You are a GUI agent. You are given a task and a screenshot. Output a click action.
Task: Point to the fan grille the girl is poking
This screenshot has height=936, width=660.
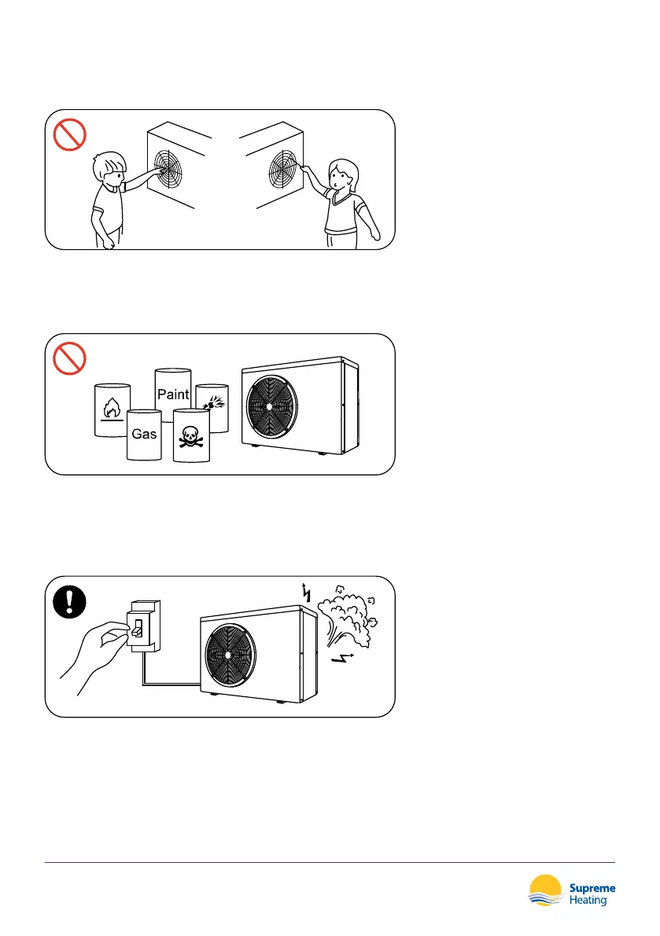tap(283, 167)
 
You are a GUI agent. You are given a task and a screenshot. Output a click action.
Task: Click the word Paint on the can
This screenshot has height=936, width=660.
tap(173, 394)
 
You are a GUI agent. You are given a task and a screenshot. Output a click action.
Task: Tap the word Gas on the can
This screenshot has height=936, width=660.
tap(144, 433)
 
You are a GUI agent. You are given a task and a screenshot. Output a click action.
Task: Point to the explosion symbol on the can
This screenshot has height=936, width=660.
tap(212, 404)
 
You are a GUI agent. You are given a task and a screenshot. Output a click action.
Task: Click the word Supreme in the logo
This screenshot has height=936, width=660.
tap(592, 888)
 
